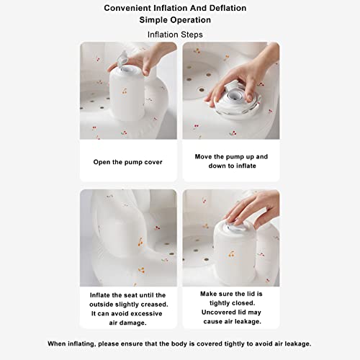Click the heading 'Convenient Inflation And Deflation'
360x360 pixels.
180,8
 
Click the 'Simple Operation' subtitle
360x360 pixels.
180,20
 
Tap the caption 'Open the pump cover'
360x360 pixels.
128,162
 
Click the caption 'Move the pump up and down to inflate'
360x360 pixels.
231,161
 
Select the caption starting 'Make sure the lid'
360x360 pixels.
231,304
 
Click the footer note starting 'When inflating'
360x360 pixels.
180,343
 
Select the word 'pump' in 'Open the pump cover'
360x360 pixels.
130,162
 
